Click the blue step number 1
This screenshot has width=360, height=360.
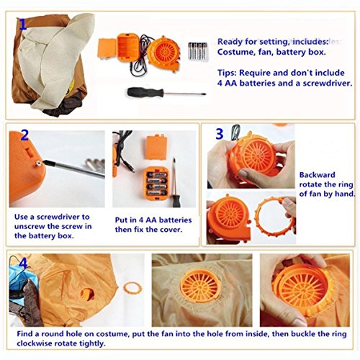[x=22, y=24]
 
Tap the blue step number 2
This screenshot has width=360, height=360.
[x=24, y=135]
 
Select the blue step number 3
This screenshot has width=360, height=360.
[x=220, y=134]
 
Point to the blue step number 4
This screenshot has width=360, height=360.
[x=23, y=263]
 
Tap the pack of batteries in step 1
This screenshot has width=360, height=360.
[x=198, y=51]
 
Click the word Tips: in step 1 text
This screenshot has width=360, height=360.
[x=227, y=73]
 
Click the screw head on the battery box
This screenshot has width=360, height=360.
[x=38, y=163]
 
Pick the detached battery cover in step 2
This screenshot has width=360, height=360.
[x=156, y=147]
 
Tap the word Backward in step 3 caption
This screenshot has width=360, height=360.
[x=317, y=175]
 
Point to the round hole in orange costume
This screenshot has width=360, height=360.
[x=87, y=294]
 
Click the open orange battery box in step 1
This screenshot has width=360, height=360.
[x=128, y=48]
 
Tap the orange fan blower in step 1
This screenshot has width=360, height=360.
[x=164, y=53]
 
